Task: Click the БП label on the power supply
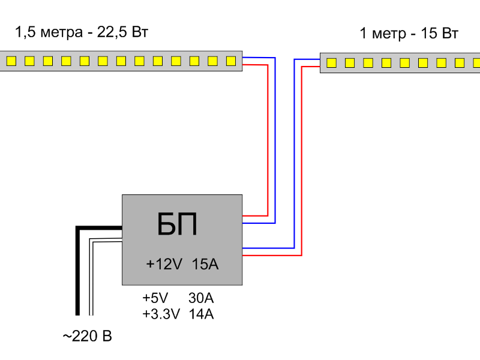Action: click(x=177, y=224)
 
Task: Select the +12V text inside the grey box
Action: click(x=164, y=264)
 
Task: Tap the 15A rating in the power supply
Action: click(x=205, y=264)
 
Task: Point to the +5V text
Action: click(x=155, y=298)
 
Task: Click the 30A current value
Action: click(x=201, y=298)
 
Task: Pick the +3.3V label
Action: click(x=161, y=314)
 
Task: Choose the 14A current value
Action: click(x=201, y=314)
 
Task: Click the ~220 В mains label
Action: click(x=87, y=336)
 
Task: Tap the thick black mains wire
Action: click(x=78, y=271)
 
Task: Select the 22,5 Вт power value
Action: click(x=122, y=32)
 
